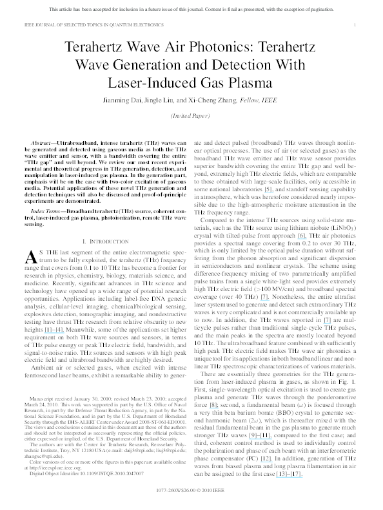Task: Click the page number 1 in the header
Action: pyautogui.click(x=355, y=23)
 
